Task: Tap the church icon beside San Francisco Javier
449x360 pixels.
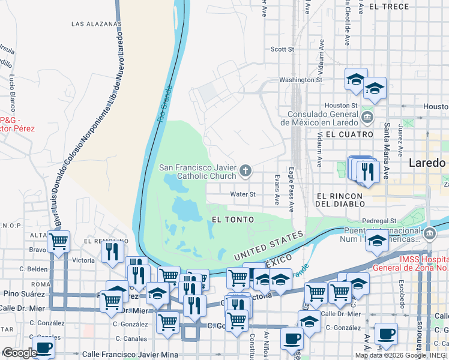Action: coord(245,172)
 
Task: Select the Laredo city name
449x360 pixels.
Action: coord(427,163)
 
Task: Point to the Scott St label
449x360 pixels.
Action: coord(282,49)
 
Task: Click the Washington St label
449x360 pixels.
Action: coord(301,80)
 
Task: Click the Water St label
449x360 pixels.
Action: coord(244,194)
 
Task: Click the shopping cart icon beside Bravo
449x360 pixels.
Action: coord(58,242)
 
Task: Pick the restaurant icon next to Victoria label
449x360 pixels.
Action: coord(112,252)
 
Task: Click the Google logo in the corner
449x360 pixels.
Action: coord(20,353)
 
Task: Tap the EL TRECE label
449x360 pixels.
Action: coord(389,7)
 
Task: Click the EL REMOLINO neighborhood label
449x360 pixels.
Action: coord(103,241)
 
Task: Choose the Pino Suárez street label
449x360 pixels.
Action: coord(23,294)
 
